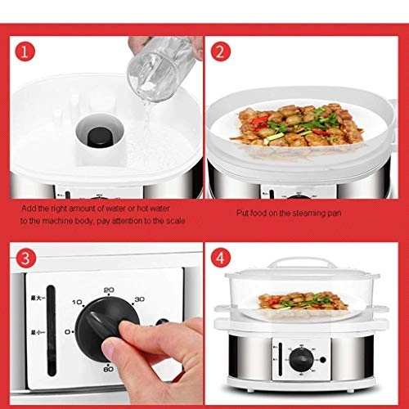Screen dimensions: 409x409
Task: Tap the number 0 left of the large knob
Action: [68, 332]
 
